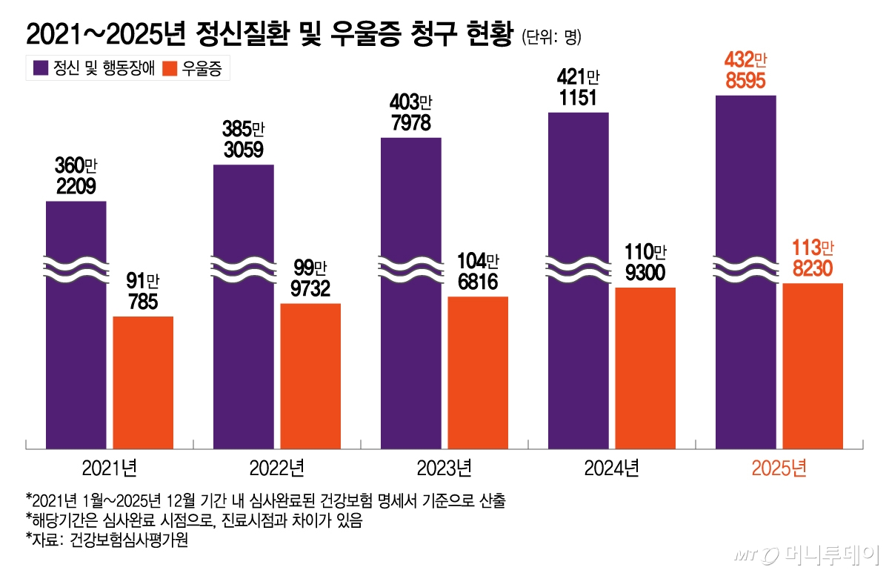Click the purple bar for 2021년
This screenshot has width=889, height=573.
[76, 348]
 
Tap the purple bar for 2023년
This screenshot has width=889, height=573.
[410, 311]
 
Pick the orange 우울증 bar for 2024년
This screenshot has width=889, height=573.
[645, 368]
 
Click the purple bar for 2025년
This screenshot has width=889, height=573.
[745, 297]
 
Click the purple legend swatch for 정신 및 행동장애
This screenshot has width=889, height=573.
[38, 69]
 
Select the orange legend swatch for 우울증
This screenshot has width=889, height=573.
[169, 69]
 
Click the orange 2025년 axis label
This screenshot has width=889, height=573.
[779, 468]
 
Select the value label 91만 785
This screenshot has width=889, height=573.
[142, 292]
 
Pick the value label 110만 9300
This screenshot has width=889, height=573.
[645, 262]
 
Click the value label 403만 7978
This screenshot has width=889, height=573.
[410, 113]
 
